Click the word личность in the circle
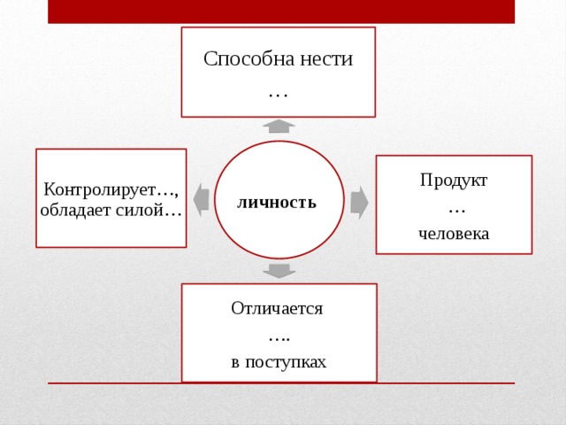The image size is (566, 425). point(277,203)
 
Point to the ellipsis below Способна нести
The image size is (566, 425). point(279,96)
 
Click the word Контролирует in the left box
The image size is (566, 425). point(99,189)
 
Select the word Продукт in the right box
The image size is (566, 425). point(454,181)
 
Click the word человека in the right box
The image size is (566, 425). point(454,234)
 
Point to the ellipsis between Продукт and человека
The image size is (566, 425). point(456,212)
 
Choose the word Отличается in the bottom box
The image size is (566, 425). point(277,309)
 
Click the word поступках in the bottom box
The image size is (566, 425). point(286,362)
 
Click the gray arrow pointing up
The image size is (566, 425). point(279,127)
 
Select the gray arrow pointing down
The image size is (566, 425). point(279,271)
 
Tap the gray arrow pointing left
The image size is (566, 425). point(201,200)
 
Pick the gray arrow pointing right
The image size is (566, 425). point(359,203)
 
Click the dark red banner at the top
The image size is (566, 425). point(281,12)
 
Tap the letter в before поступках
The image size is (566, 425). point(235,363)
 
